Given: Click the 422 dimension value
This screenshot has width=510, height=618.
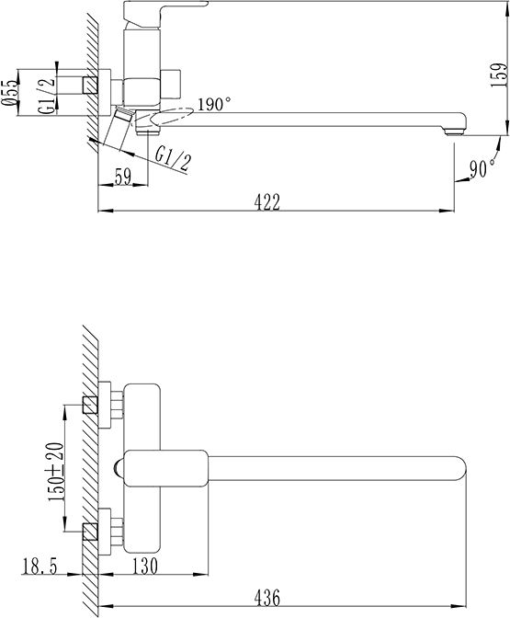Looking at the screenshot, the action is [x=267, y=202].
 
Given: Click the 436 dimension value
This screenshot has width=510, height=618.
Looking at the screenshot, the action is [x=267, y=598].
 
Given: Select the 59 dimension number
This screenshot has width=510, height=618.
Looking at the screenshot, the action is [x=122, y=177].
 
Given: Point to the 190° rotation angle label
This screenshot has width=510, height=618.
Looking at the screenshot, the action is [x=214, y=105].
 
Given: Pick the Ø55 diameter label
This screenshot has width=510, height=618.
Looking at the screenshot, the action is [x=10, y=93].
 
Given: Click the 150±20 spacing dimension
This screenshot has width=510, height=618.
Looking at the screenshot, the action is [x=55, y=472].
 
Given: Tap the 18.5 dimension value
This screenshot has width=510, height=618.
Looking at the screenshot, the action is [x=40, y=566].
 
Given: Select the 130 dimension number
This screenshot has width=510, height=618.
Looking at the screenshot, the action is [x=144, y=566].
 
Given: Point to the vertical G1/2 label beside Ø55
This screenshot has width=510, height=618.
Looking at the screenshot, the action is [x=46, y=97].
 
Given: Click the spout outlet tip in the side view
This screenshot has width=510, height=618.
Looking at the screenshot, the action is [x=454, y=132].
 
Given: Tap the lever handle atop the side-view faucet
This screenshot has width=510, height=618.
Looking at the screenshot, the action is [x=165, y=11].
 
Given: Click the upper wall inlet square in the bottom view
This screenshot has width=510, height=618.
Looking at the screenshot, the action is [x=90, y=405].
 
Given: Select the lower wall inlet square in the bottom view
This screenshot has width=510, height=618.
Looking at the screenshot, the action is [x=90, y=532].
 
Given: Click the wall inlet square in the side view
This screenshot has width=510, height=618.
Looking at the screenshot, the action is [x=90, y=86].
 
